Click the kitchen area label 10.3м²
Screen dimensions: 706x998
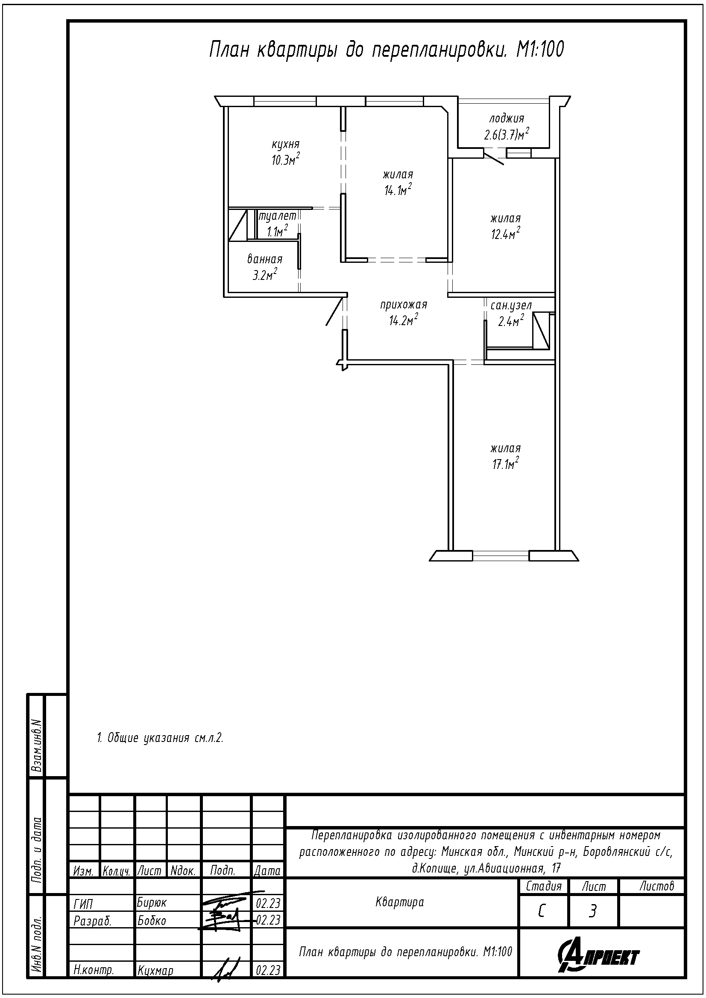(x=286, y=160)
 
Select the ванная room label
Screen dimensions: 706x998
(x=265, y=259)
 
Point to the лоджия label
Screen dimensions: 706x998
(x=507, y=118)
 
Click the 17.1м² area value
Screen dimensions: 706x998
(x=505, y=464)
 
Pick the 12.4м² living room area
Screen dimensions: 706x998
(x=506, y=234)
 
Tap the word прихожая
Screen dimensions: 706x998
(x=404, y=305)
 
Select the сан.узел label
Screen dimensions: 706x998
(x=511, y=306)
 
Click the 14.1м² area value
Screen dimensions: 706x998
(x=398, y=190)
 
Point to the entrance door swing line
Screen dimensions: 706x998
(x=337, y=311)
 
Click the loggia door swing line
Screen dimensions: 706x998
(x=494, y=157)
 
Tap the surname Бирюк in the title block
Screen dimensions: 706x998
(x=152, y=903)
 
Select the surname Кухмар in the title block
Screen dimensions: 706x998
(x=155, y=971)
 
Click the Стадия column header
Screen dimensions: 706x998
(x=544, y=886)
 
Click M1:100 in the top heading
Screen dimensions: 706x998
(x=540, y=49)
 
